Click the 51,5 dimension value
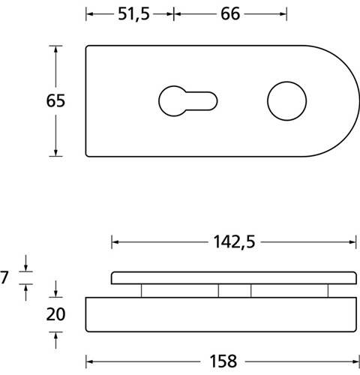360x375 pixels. [x=133, y=14]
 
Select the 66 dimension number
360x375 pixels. [x=230, y=14]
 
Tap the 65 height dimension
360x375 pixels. [x=55, y=100]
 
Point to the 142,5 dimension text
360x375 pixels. [x=234, y=242]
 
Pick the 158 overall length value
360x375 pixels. [x=223, y=361]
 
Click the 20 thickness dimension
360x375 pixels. [x=55, y=314]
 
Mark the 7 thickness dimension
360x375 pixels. [x=4, y=277]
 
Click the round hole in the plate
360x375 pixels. [x=286, y=101]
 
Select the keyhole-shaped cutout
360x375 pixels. [x=187, y=101]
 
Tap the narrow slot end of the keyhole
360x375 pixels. [x=213, y=101]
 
